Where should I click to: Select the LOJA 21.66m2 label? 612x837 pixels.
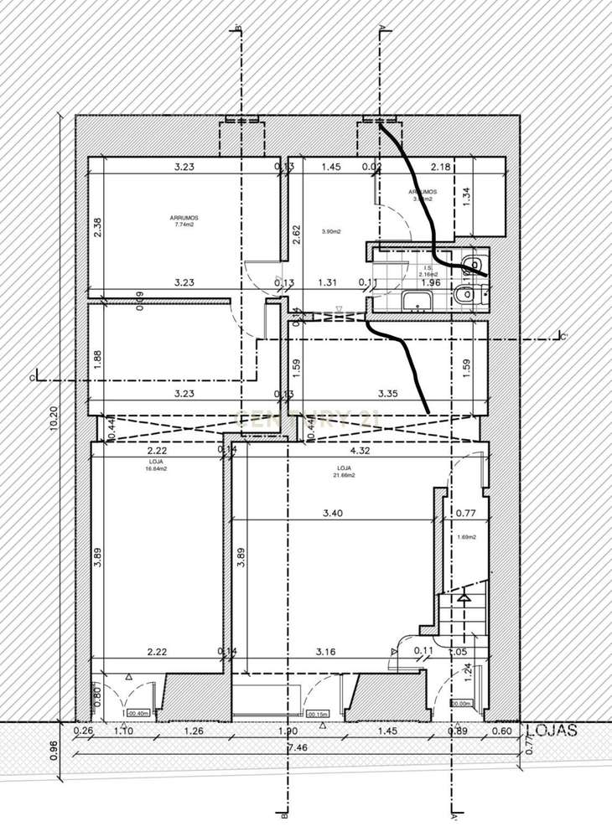point(344,472)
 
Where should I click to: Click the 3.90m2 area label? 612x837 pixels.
point(333,231)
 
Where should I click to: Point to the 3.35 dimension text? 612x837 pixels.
point(387,393)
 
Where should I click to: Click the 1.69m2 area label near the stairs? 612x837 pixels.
point(467,537)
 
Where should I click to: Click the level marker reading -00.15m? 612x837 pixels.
point(318,714)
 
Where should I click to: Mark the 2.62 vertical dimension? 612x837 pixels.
point(296,234)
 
